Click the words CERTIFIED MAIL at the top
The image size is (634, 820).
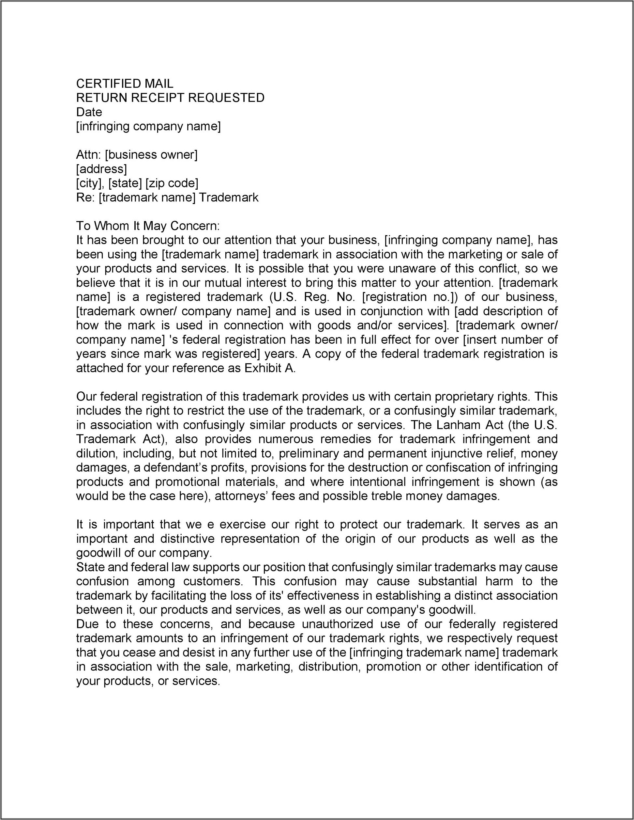coord(125,83)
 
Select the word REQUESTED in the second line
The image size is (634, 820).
coord(226,98)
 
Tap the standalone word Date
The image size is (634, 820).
coord(89,112)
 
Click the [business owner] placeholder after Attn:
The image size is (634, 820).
coord(151,155)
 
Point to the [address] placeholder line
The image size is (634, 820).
coord(101,169)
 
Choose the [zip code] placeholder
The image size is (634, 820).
coord(172,183)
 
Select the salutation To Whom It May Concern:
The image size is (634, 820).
coord(148,226)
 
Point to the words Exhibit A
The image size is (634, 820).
coord(270,368)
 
